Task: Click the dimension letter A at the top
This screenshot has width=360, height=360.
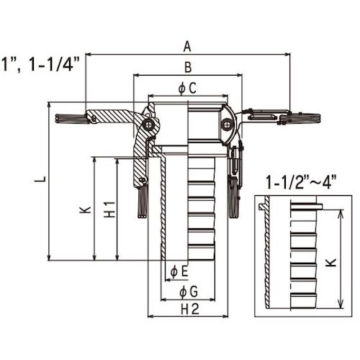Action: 187,47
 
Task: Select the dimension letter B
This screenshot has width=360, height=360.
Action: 188,67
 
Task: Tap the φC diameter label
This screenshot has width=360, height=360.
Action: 187,88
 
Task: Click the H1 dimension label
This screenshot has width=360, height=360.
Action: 109,210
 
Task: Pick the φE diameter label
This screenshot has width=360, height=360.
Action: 179,271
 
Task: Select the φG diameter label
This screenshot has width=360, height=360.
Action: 189,292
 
